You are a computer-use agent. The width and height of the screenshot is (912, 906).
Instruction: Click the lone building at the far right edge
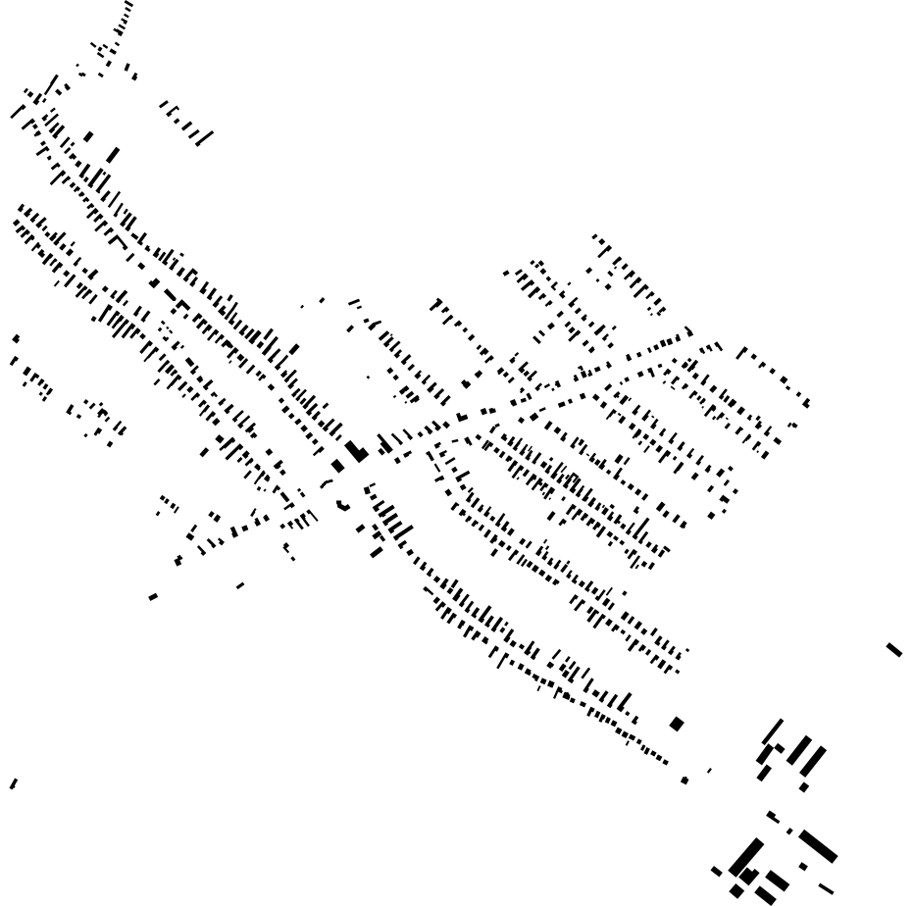click(893, 649)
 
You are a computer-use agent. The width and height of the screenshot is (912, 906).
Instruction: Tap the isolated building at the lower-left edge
click(13, 783)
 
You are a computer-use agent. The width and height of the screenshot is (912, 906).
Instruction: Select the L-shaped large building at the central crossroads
click(357, 451)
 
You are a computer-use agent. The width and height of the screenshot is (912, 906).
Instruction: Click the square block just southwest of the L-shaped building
click(338, 466)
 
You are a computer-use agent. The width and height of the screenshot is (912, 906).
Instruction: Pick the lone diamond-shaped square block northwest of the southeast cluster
click(676, 724)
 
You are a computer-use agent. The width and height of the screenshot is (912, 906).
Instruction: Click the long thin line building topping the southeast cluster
click(773, 731)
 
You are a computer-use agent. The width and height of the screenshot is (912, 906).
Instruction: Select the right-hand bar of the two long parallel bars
click(813, 759)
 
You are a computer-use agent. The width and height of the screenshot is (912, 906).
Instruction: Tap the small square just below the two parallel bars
click(804, 786)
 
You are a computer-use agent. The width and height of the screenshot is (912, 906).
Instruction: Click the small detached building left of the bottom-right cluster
click(716, 870)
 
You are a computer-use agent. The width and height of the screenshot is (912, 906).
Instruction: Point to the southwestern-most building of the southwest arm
click(153, 597)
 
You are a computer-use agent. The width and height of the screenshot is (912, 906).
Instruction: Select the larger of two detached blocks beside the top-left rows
click(113, 155)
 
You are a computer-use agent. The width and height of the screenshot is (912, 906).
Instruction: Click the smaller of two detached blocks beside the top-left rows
click(88, 137)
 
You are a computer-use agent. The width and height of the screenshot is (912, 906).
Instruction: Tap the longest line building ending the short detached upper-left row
click(204, 135)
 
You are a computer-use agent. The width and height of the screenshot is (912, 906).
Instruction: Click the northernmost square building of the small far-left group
click(16, 338)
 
